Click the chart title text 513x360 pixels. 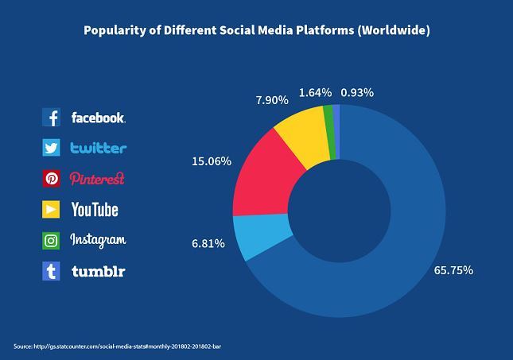[257, 30]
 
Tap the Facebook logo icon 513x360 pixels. [51, 118]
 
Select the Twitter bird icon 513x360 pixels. [51, 148]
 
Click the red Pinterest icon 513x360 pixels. [51, 179]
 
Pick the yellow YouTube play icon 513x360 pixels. [51, 209]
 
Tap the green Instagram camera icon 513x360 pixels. [51, 241]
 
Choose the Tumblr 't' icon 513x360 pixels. [51, 271]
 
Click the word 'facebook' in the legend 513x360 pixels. [98, 118]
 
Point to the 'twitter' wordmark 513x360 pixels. [99, 148]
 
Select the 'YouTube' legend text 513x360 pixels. [95, 210]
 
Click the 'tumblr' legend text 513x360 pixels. [99, 271]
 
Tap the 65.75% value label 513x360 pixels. [453, 270]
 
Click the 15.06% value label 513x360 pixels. [212, 161]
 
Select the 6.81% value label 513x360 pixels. [208, 244]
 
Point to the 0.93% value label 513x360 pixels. [357, 93]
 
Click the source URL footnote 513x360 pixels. [118, 346]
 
